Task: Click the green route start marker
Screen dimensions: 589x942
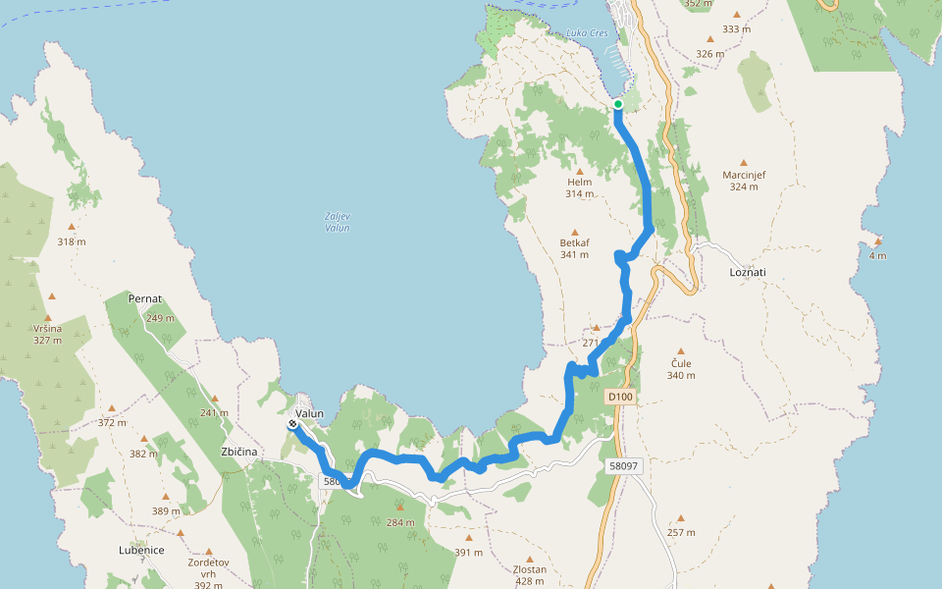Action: click(618, 104)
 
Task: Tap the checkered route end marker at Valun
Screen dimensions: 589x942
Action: click(293, 425)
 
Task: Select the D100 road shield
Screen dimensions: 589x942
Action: click(620, 397)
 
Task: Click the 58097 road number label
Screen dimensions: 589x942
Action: click(623, 467)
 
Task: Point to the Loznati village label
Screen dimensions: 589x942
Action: click(747, 271)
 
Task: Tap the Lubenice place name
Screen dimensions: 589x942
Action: click(141, 550)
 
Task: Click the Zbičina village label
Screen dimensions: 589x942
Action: click(238, 452)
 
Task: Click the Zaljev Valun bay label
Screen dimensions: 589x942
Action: click(337, 222)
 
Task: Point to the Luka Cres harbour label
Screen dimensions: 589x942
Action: click(587, 33)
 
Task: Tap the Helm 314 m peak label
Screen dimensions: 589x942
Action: click(580, 187)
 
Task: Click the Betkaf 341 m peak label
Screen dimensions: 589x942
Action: click(574, 248)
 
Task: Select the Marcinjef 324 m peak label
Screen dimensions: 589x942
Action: click(744, 180)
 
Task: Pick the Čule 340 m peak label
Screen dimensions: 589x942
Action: click(680, 368)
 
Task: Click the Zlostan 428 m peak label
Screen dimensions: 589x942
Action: click(530, 574)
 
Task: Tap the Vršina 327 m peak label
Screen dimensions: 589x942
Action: click(47, 334)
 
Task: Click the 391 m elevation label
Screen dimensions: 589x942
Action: click(469, 552)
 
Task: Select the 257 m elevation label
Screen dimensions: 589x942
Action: click(681, 532)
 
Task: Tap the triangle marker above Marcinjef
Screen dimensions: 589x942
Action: click(744, 162)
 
